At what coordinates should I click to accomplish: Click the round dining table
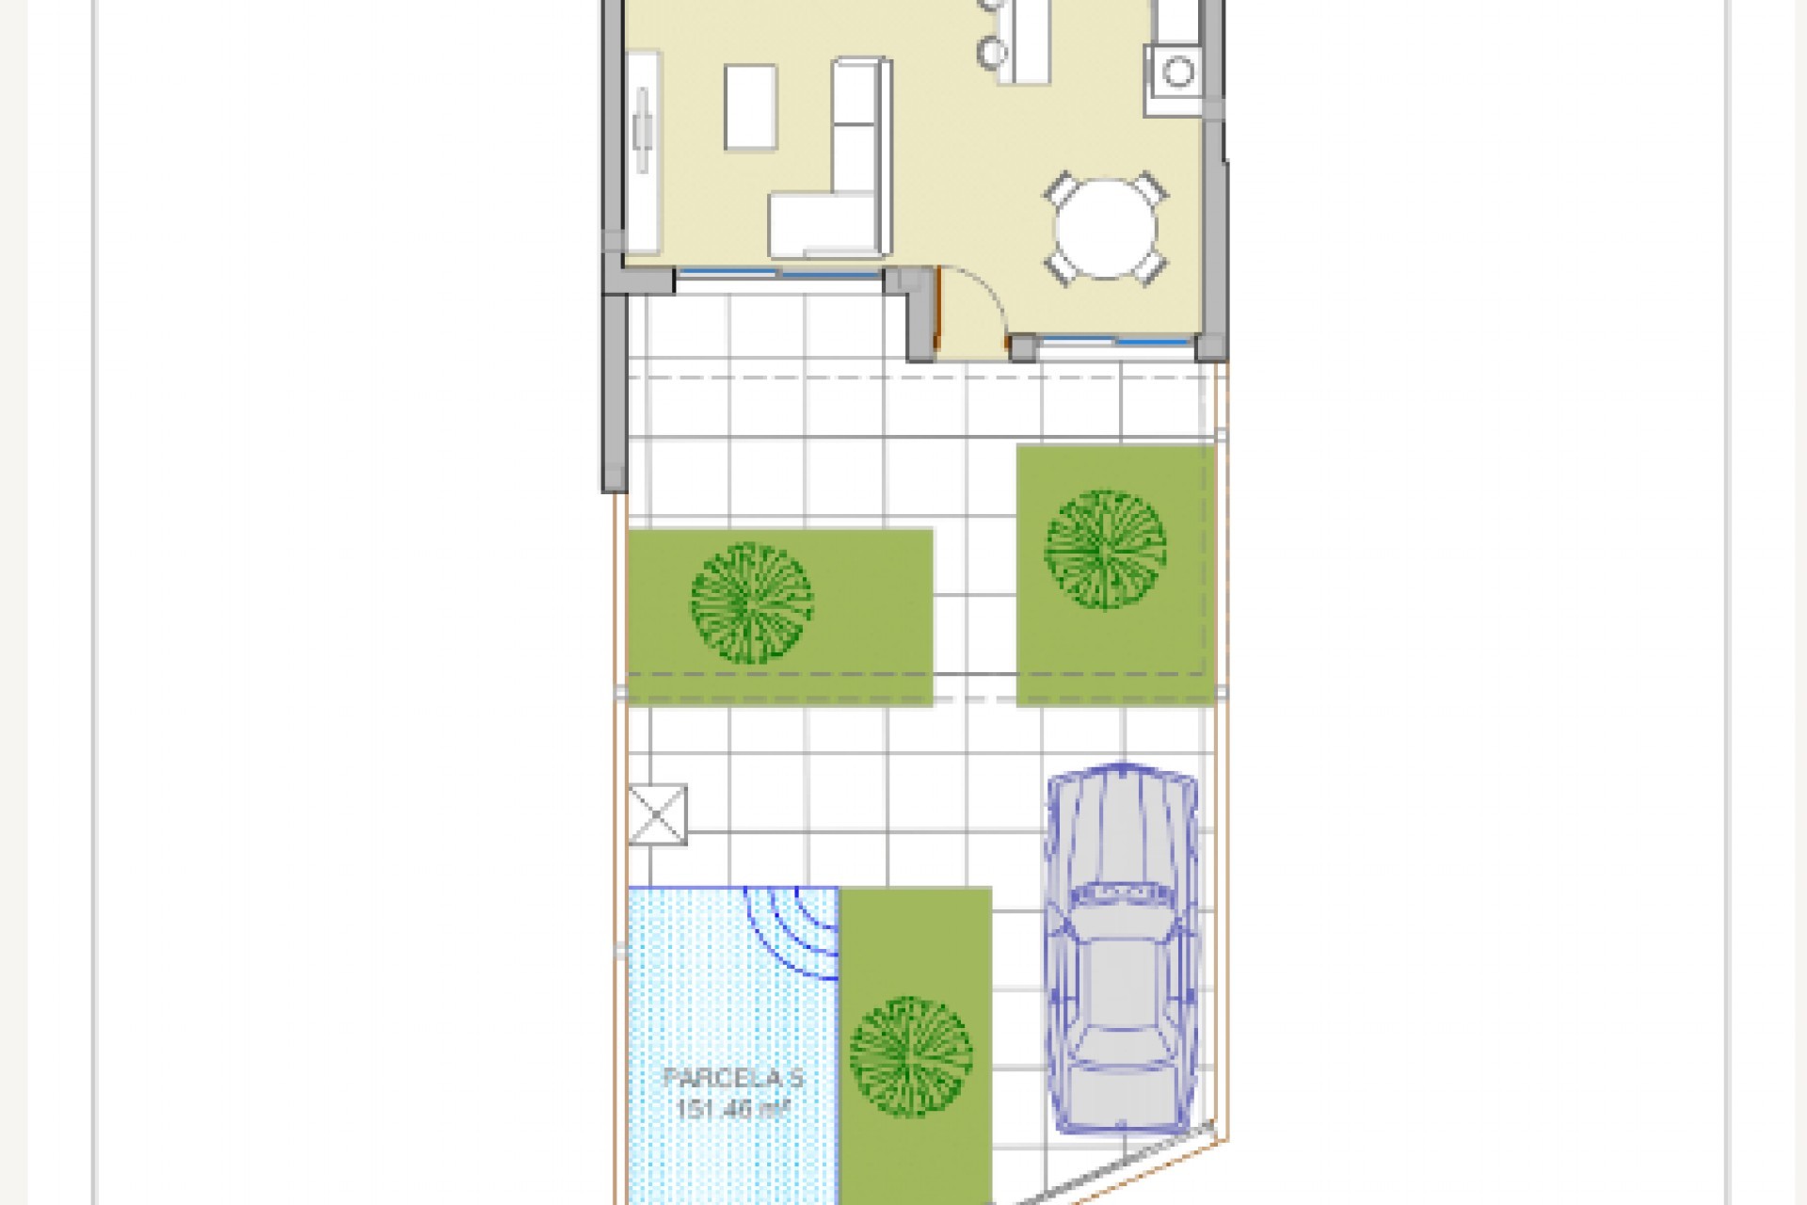tap(1106, 229)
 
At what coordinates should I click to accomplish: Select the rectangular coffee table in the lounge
tap(750, 107)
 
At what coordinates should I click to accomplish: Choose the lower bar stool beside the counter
tap(991, 52)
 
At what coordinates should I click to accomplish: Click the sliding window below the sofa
tap(778, 274)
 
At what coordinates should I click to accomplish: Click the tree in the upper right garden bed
tap(1106, 549)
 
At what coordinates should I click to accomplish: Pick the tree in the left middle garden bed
tap(751, 602)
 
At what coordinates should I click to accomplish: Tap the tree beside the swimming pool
tap(911, 1056)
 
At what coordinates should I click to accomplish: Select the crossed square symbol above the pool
tap(657, 814)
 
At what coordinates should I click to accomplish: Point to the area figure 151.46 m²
tap(733, 1107)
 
